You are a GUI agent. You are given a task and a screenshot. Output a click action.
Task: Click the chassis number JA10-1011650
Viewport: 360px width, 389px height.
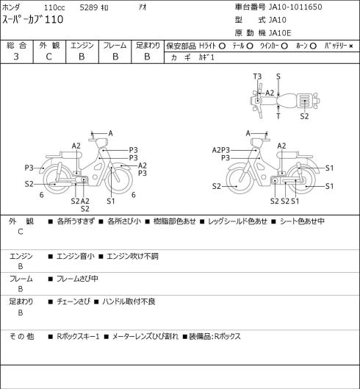295,7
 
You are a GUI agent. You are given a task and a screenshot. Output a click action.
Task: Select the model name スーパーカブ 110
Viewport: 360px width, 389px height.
33,20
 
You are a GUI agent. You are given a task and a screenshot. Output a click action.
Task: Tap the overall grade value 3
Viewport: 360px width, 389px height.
16,57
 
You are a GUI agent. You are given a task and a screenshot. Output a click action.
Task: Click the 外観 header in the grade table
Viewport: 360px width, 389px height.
49,46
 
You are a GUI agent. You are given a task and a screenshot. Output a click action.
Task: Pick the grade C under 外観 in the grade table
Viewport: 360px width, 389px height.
48,57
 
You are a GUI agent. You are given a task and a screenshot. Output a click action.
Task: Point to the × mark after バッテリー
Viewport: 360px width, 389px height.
351,46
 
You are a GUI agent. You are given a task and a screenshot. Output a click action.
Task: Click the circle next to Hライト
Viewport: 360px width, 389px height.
222,46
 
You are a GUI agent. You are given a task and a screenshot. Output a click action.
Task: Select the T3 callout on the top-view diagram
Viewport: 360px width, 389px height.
257,76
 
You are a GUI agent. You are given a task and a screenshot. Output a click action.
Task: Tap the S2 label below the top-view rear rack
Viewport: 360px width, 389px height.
304,116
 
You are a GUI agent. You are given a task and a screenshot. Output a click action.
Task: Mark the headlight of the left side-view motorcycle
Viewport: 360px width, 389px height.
101,143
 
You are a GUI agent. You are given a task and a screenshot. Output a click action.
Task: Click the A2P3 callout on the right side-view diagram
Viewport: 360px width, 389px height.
221,150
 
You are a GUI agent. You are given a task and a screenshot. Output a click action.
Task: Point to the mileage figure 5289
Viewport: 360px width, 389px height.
89,7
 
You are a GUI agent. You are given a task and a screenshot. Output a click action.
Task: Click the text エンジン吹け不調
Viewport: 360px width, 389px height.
133,256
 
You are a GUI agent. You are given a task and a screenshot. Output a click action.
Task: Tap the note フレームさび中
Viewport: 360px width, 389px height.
77,279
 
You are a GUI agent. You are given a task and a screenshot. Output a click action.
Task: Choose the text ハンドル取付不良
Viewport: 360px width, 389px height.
129,301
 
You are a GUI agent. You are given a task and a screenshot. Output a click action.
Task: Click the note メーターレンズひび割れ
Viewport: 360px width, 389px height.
145,337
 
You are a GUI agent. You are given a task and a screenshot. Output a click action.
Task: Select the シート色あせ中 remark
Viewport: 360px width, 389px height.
302,221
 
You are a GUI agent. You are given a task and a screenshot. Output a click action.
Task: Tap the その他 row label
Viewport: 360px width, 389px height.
21,337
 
